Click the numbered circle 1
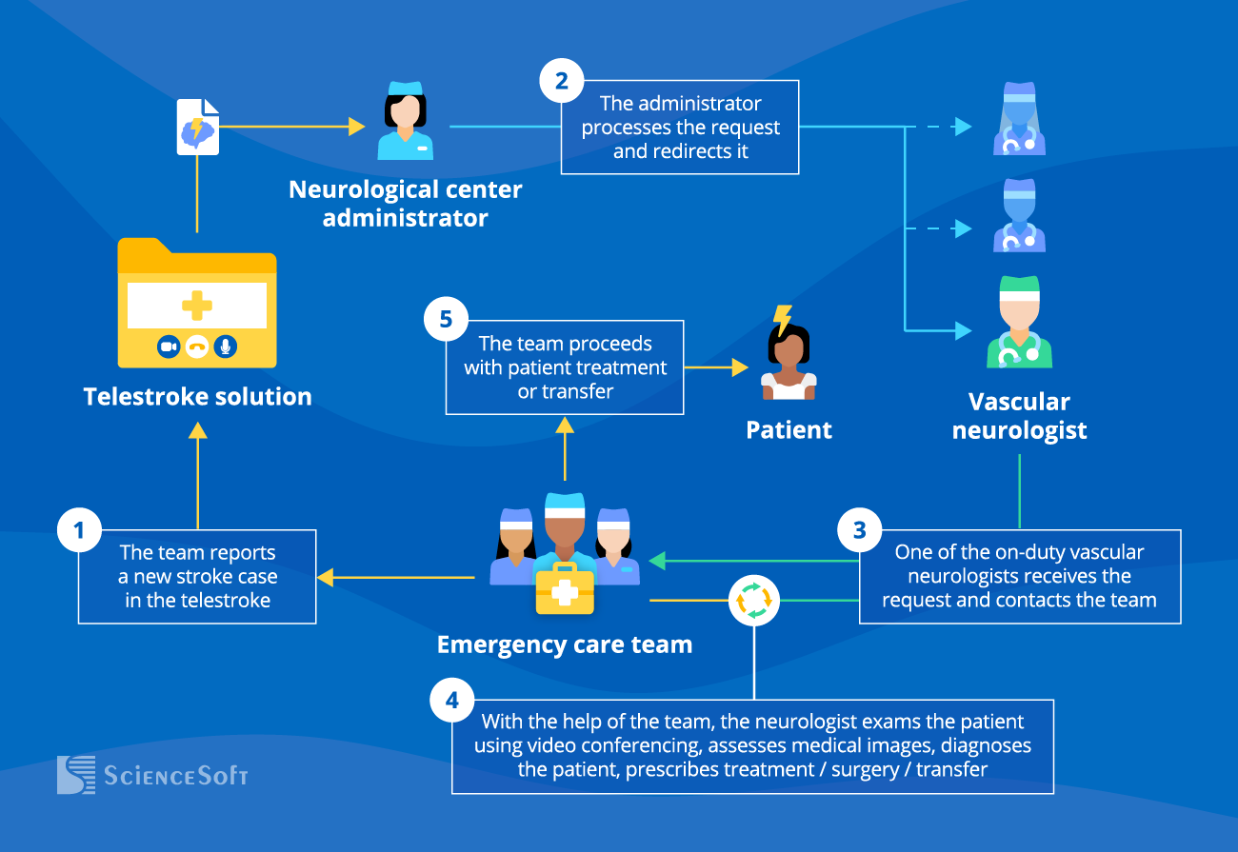click(80, 530)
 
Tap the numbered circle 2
click(562, 81)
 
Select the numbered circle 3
click(860, 529)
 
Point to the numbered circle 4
click(452, 701)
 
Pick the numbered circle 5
click(446, 319)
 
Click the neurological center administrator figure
click(405, 121)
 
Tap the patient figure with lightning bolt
click(789, 357)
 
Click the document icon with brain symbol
click(198, 127)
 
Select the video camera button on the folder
click(169, 347)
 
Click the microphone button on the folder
click(226, 347)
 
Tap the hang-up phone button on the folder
click(197, 347)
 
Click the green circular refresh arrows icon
click(754, 601)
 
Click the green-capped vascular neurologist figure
click(1019, 324)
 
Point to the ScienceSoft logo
click(152, 775)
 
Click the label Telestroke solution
click(198, 397)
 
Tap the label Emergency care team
click(564, 644)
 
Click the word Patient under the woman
click(789, 430)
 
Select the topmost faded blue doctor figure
click(1019, 119)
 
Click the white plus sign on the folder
click(197, 307)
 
